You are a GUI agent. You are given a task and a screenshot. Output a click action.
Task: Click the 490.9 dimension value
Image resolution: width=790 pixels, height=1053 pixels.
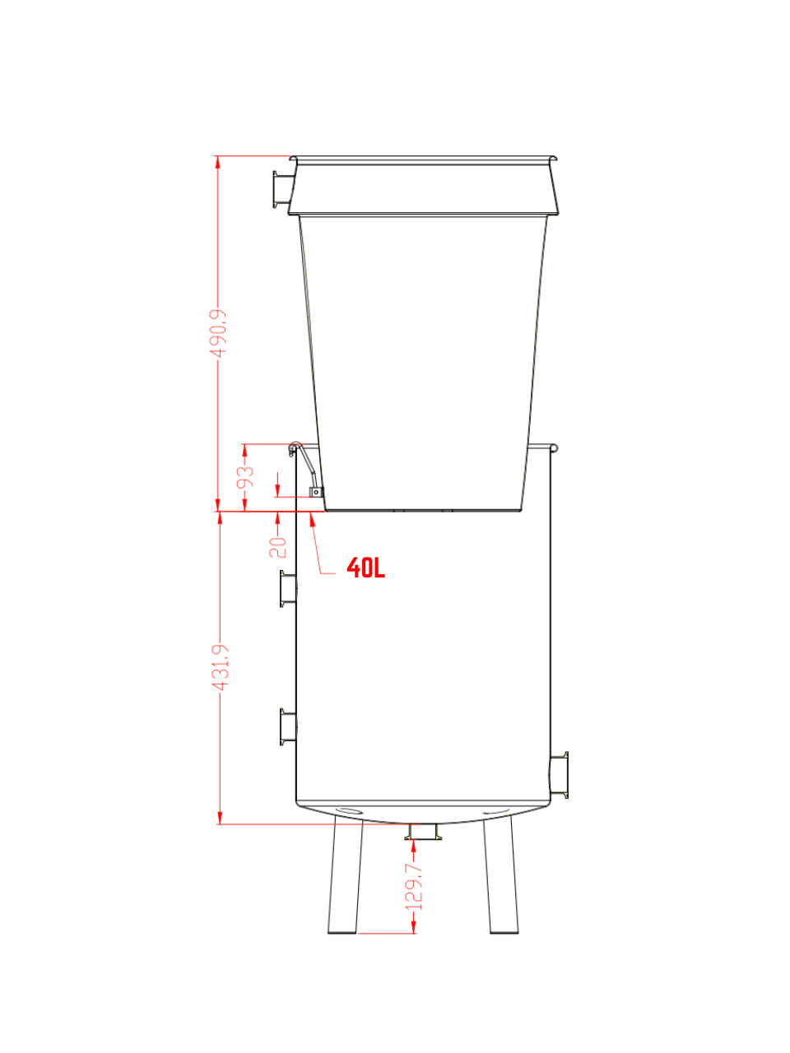pyautogui.click(x=218, y=333)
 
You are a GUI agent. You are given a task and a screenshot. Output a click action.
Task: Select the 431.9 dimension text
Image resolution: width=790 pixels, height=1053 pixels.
pyautogui.click(x=221, y=668)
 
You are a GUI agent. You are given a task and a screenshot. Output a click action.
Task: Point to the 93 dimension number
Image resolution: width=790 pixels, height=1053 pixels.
pyautogui.click(x=245, y=476)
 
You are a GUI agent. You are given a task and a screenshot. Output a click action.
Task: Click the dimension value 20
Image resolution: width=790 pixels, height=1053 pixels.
pyautogui.click(x=277, y=547)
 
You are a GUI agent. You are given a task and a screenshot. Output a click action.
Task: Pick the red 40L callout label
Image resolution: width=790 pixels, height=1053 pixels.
pyautogui.click(x=365, y=568)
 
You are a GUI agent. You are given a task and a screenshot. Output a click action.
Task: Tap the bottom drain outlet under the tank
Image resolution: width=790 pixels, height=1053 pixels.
pyautogui.click(x=423, y=832)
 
